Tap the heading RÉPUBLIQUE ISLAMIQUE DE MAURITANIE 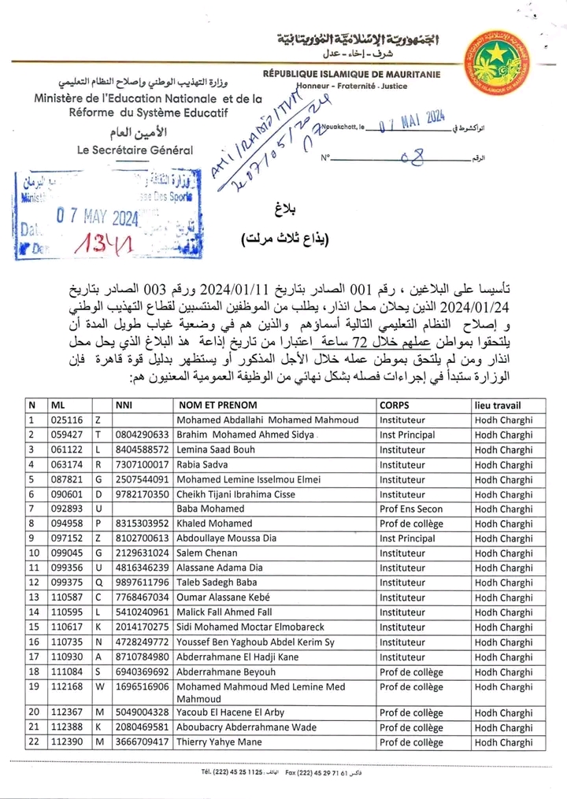(x=351, y=75)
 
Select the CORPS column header (x=394, y=405)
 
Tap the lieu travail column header (x=504, y=405)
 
